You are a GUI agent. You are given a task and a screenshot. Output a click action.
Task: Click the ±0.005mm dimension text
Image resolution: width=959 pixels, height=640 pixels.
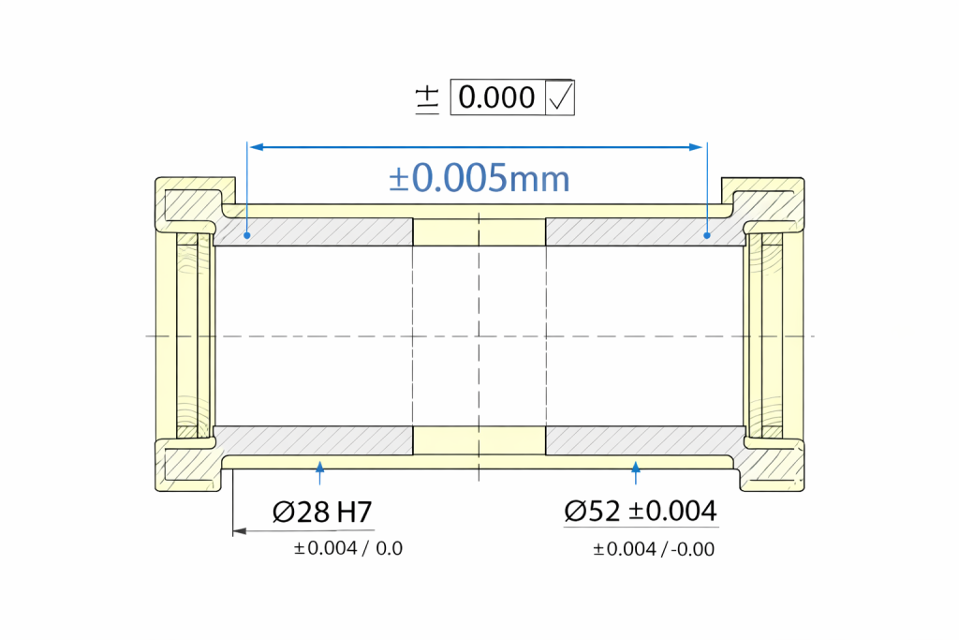click(479, 178)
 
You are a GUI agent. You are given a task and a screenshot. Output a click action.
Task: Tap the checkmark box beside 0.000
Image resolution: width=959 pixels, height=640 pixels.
click(559, 97)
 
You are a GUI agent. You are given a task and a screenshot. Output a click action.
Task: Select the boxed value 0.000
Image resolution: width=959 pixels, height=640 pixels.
click(497, 97)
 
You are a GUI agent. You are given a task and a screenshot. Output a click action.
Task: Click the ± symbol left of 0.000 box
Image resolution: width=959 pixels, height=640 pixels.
click(427, 98)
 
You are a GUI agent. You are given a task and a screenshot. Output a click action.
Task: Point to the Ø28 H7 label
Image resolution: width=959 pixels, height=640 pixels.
click(322, 512)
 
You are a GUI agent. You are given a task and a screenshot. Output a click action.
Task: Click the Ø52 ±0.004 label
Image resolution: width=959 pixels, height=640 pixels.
click(641, 512)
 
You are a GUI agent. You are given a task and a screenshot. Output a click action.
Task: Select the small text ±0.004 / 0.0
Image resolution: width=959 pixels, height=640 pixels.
click(348, 548)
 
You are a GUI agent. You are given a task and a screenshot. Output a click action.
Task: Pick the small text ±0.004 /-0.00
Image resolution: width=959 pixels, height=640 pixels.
click(654, 549)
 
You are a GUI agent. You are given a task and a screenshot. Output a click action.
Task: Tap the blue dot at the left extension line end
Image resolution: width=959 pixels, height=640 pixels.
click(247, 235)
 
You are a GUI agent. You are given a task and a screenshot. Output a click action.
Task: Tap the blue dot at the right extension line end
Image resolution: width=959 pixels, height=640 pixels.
click(707, 235)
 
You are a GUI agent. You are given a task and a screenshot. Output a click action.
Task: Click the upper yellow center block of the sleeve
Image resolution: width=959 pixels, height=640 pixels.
click(479, 231)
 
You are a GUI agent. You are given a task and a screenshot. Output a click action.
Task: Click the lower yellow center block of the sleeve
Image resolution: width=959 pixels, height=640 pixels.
click(479, 439)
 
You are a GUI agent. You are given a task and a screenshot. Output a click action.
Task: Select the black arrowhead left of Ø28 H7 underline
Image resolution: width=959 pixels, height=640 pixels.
click(239, 531)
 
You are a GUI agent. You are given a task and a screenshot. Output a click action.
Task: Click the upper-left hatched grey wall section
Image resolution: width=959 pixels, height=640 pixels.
click(314, 232)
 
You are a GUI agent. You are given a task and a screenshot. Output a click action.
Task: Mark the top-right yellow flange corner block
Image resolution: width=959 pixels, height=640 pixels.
click(768, 200)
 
